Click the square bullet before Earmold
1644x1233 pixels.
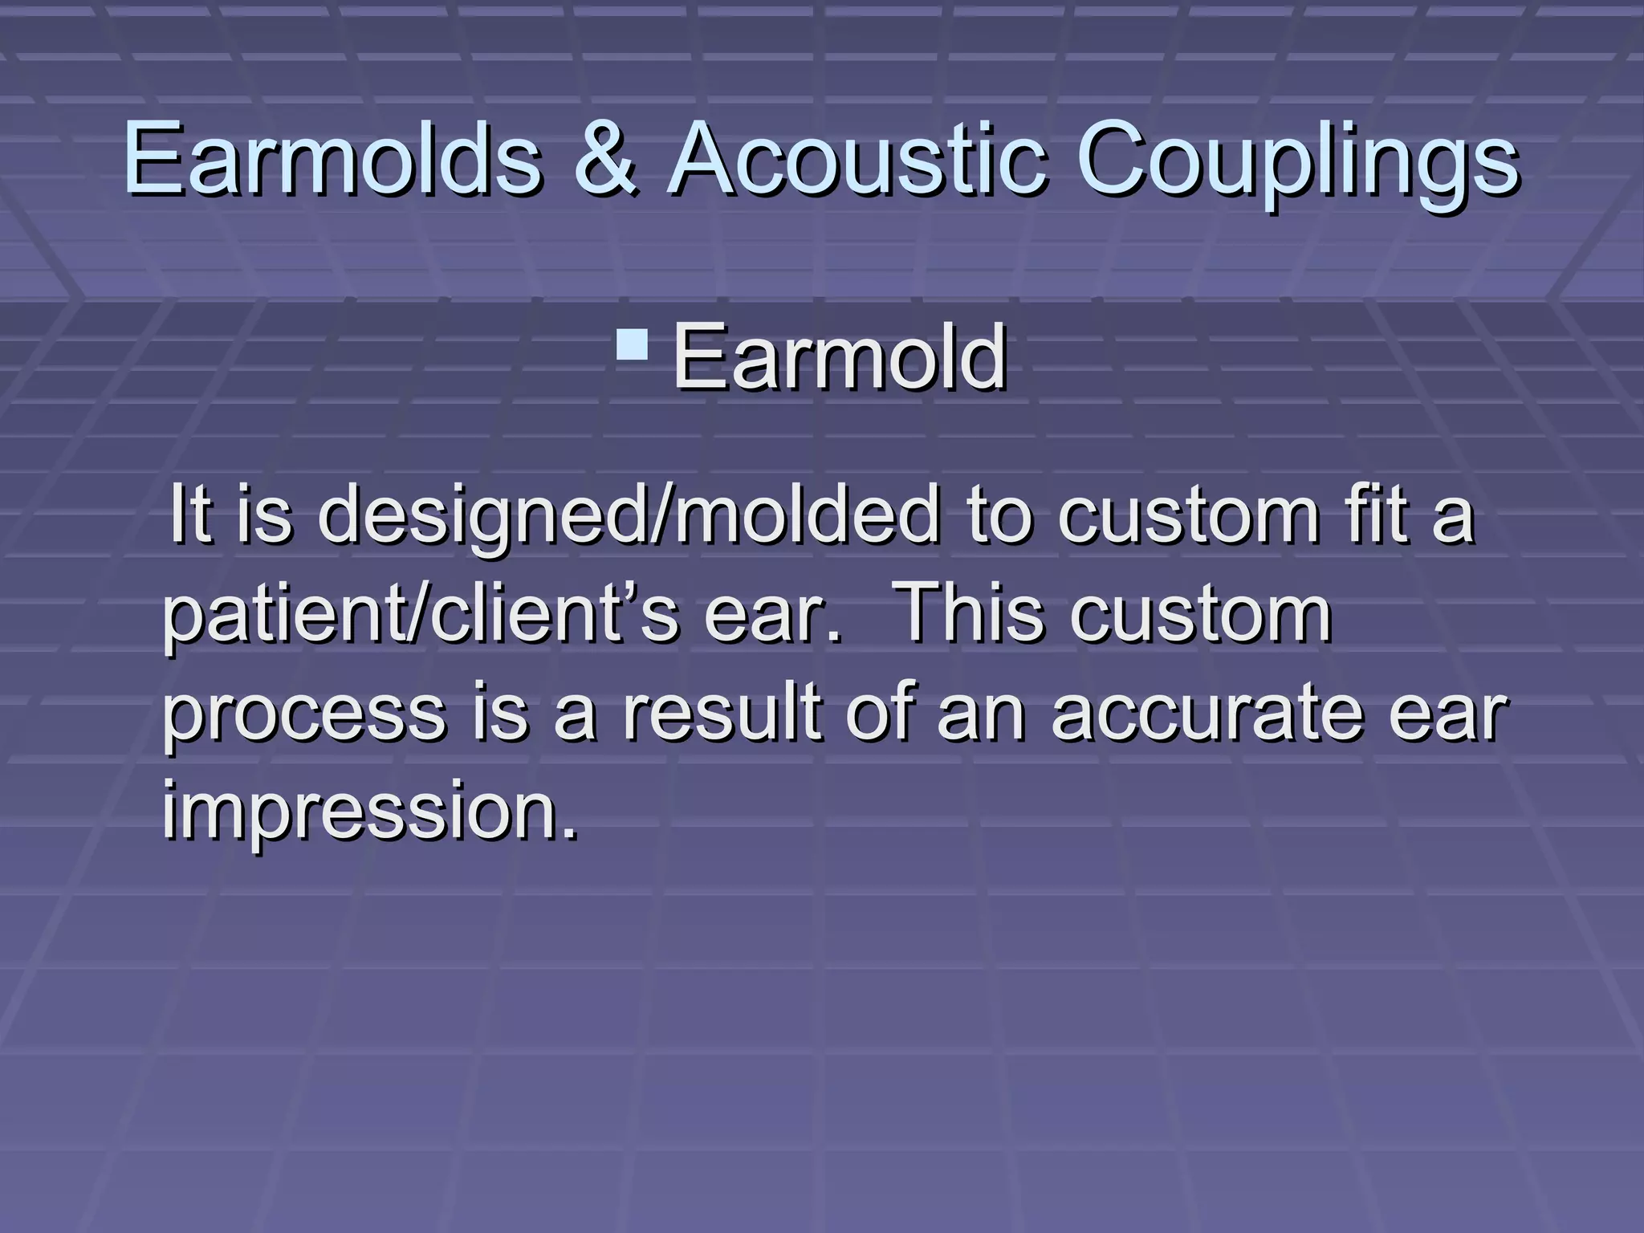(x=633, y=344)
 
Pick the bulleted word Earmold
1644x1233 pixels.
(x=840, y=356)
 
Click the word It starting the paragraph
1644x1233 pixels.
(x=190, y=514)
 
